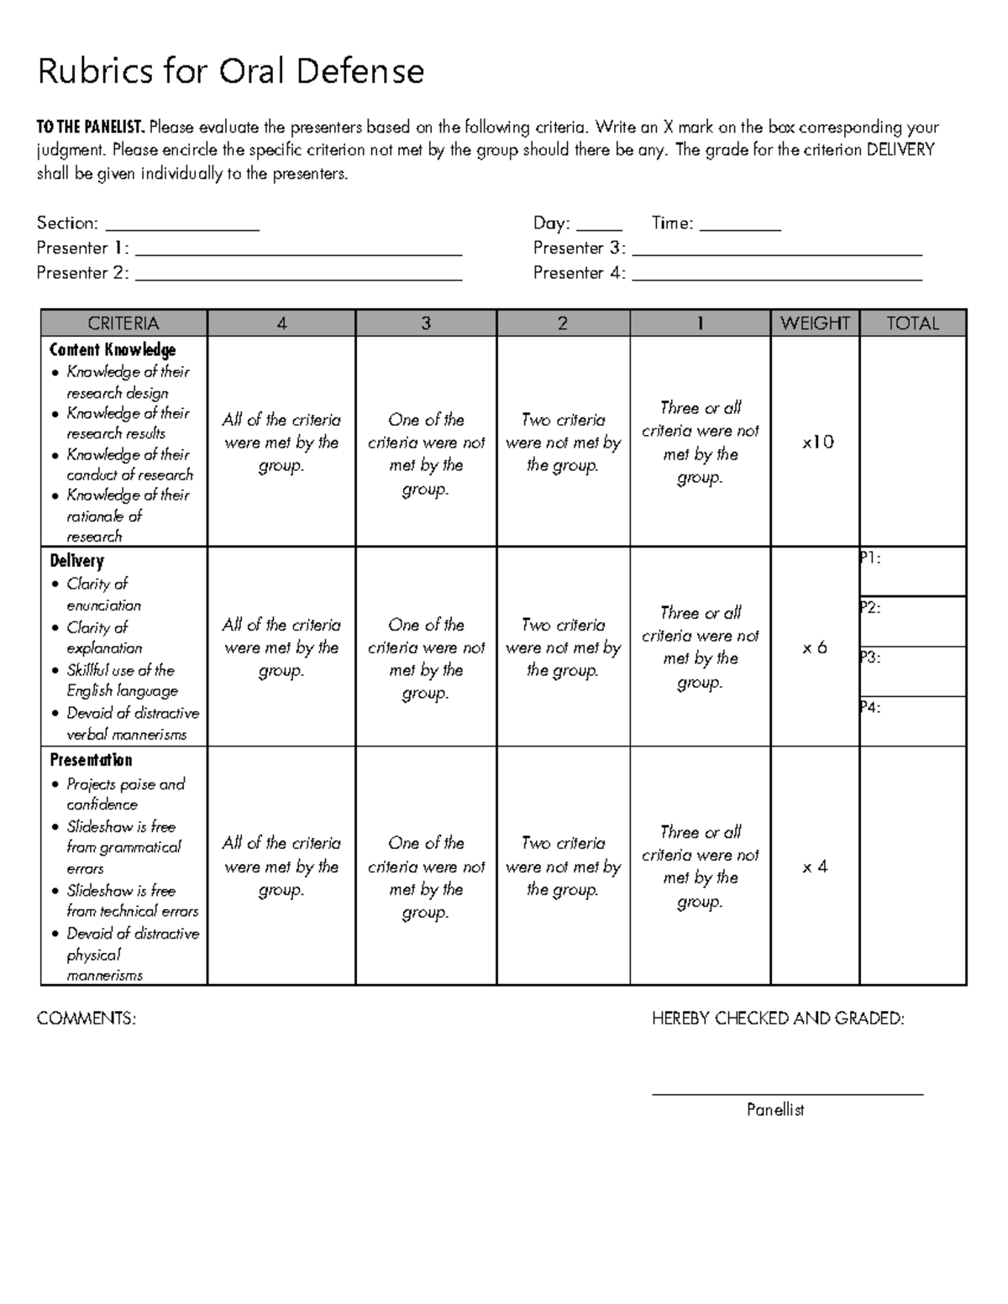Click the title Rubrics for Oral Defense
(230, 72)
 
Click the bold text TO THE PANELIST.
(91, 128)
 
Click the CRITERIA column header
(123, 323)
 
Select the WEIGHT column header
(815, 323)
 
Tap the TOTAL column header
(912, 323)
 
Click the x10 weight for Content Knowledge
(816, 443)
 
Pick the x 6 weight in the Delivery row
(814, 647)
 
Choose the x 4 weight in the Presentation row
(814, 867)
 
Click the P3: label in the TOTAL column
(870, 657)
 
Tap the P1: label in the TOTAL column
(870, 558)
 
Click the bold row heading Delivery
(76, 561)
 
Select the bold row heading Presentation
(91, 760)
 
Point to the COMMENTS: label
(86, 1019)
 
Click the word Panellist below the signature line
(775, 1110)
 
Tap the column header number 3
(426, 323)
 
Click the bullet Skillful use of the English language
(122, 680)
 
